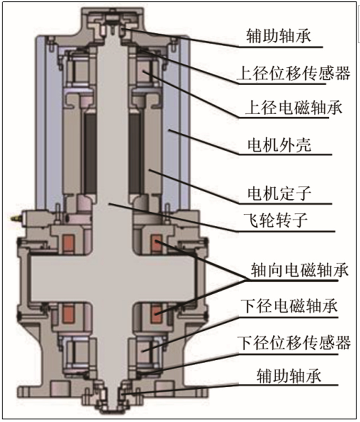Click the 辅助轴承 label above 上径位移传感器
(x=278, y=36)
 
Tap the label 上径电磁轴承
(x=294, y=108)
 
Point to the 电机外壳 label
(x=279, y=145)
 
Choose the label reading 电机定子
(x=279, y=193)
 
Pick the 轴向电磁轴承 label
(x=300, y=270)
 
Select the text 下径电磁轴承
(x=289, y=306)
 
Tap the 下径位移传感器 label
(x=294, y=343)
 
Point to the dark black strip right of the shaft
(x=135, y=153)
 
